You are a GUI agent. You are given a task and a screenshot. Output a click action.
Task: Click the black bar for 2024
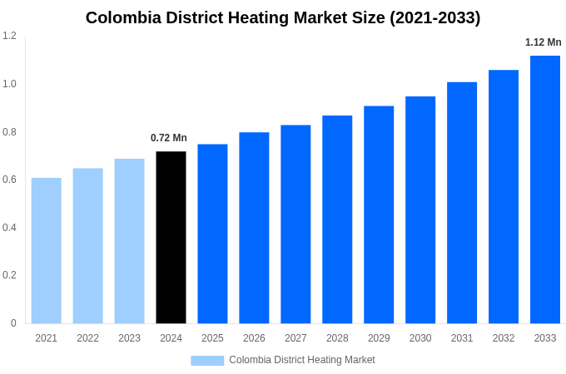171,237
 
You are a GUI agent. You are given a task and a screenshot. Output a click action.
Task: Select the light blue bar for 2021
47,250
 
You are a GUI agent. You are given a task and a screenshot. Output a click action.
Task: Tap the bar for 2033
545,189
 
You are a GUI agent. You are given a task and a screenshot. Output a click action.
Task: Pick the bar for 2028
337,219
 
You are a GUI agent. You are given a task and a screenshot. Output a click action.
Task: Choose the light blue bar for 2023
129,241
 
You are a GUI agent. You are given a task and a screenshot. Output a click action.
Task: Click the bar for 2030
420,209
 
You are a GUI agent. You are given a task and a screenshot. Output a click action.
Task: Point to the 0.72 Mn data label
169,138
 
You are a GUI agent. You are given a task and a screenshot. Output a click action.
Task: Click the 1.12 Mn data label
543,42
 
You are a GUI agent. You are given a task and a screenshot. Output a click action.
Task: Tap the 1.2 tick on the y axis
9,36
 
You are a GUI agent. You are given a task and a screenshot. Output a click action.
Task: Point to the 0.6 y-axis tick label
9,180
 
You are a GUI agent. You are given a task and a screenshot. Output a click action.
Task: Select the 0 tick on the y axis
13,323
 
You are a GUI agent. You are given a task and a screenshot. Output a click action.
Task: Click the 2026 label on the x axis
254,338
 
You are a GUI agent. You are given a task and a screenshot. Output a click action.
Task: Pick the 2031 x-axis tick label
462,338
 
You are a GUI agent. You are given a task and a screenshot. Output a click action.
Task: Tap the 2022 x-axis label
87,338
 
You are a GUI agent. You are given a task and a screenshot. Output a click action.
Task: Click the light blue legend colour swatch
207,360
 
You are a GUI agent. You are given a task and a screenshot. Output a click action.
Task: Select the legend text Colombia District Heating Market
302,360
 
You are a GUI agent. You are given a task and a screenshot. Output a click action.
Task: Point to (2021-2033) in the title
434,17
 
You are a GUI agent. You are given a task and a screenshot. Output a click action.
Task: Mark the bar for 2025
212,234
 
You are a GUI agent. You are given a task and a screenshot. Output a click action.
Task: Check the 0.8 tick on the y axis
9,131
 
